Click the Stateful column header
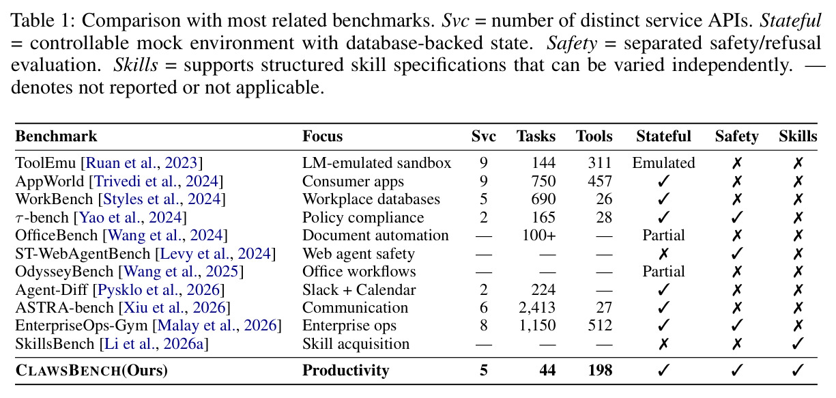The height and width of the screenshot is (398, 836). (663, 137)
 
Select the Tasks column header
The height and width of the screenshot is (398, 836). (536, 137)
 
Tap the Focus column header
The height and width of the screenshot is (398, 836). (322, 137)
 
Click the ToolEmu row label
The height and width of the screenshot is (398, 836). (47, 162)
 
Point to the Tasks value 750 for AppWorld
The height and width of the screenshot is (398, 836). (543, 181)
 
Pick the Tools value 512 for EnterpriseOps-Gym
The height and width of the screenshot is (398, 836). (600, 325)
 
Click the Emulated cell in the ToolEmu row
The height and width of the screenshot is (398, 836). (663, 162)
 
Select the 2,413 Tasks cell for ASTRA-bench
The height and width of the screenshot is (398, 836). (537, 307)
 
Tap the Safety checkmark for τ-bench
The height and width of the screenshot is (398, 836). (737, 217)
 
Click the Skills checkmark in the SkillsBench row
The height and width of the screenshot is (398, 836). (798, 343)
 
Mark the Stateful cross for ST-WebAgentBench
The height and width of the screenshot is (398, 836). (663, 254)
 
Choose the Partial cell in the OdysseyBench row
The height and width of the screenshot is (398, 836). (663, 272)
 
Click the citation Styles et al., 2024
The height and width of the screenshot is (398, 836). (162, 199)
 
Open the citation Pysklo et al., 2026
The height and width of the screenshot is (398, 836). (158, 289)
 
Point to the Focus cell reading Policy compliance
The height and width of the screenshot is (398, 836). (363, 217)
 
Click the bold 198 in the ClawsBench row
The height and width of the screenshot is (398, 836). (600, 370)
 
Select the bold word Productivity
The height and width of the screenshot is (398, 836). (345, 371)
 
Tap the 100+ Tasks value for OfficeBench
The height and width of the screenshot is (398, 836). (539, 236)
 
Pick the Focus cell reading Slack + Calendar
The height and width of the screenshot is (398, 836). (359, 289)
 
